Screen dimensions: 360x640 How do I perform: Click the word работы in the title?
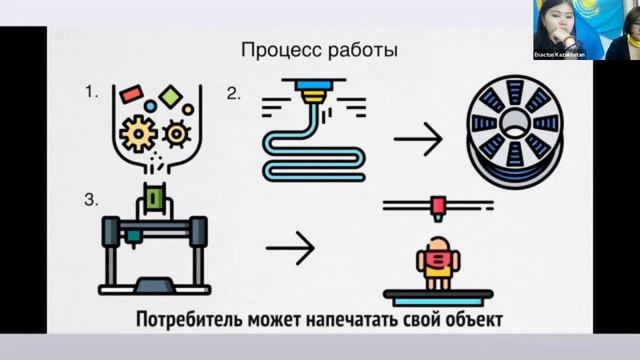click(360, 50)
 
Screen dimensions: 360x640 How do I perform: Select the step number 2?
click(233, 95)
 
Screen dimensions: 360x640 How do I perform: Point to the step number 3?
click(91, 200)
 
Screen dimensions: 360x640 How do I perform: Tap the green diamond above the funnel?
click(171, 96)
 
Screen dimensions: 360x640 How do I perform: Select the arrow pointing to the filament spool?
click(417, 139)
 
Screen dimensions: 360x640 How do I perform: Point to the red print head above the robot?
click(436, 207)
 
